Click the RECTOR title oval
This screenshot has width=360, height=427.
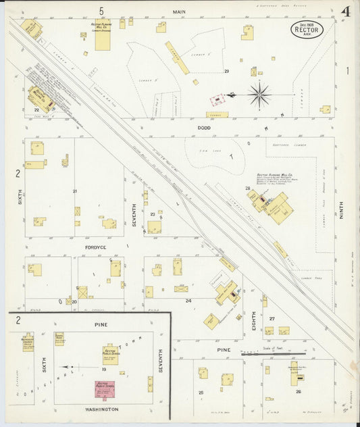[x=307, y=30]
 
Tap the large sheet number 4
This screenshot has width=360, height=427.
[x=345, y=11]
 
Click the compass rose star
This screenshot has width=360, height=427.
[x=259, y=95]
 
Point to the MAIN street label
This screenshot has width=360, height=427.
[x=179, y=11]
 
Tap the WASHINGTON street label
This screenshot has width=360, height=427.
[x=102, y=409]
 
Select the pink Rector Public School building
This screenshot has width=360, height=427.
[x=105, y=389]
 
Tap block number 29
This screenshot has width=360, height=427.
[x=227, y=71]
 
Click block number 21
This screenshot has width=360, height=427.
[x=75, y=191]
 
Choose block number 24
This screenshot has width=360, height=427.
[x=188, y=300]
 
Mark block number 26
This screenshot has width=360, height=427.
[x=298, y=391]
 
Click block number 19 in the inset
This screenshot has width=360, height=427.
[x=105, y=370]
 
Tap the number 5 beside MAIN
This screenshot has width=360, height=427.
[x=101, y=11]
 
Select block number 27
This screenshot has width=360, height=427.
[x=272, y=318]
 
